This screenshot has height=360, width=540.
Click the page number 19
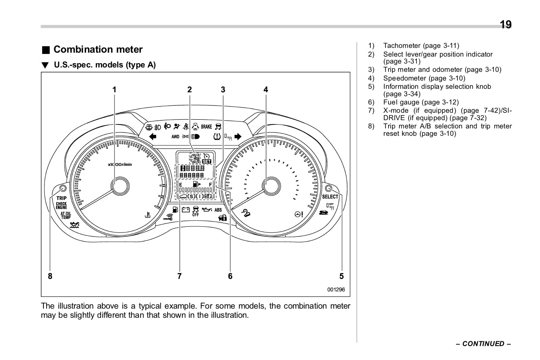[x=506, y=24]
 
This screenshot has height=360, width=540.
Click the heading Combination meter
[x=98, y=50]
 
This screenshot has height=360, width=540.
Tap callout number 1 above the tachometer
[x=114, y=90]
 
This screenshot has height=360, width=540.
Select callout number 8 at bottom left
[x=50, y=276]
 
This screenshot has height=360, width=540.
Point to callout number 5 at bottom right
[x=342, y=276]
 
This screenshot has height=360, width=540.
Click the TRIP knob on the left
[x=63, y=188]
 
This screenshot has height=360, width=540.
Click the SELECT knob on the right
[x=329, y=188]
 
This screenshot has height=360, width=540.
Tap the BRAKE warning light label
[x=206, y=127]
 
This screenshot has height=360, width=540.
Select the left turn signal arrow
[x=153, y=136]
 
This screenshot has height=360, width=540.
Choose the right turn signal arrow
[x=237, y=136]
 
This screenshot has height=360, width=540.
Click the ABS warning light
[x=218, y=210]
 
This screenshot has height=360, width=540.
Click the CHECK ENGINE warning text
[x=61, y=205]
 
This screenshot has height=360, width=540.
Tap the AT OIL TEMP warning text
[x=66, y=215]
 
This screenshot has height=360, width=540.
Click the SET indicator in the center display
[x=207, y=161]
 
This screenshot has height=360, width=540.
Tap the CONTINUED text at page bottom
[x=483, y=344]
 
